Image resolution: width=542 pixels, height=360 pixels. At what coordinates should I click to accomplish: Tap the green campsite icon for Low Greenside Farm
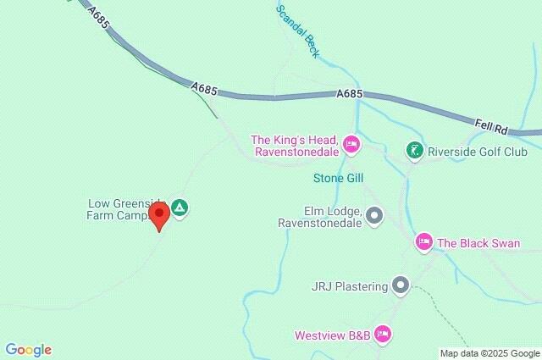click(179, 208)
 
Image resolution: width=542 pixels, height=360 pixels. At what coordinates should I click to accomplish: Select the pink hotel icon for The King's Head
click(351, 146)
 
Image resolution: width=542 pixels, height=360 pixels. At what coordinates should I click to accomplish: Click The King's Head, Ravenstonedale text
click(296, 147)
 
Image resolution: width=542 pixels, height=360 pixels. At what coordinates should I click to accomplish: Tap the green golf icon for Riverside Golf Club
click(413, 152)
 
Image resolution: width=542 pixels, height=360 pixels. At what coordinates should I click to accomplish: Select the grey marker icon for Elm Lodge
click(373, 217)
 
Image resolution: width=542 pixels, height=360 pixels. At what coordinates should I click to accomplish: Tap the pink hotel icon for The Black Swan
click(424, 243)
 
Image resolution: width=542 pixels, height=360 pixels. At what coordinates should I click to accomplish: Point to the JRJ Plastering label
click(349, 286)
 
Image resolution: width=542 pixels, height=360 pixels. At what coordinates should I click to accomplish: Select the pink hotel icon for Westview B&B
click(383, 335)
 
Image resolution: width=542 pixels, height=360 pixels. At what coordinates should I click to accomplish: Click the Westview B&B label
click(332, 335)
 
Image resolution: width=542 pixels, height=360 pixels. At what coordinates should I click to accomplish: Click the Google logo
click(28, 350)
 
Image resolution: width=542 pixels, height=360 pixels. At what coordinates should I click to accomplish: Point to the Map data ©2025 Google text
click(489, 353)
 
